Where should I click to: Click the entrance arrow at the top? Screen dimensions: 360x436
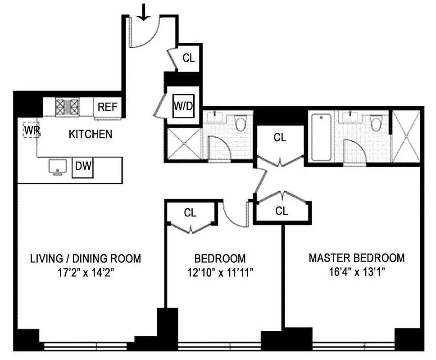tap(144, 12)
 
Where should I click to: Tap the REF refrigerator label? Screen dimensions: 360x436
tap(108, 107)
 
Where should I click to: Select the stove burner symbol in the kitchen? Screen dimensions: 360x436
tap(67, 107)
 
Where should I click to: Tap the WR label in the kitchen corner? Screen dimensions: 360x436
tap(31, 130)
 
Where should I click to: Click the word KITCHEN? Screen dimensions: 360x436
tap(90, 134)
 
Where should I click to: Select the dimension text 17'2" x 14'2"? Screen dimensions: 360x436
tap(85, 273)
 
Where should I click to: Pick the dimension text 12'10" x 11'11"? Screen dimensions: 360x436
tap(220, 273)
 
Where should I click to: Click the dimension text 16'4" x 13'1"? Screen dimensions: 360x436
tap(356, 273)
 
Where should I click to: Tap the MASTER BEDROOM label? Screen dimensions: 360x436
tap(356, 258)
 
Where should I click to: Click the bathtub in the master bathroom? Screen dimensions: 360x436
tap(321, 137)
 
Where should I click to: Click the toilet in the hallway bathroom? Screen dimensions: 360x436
tap(240, 123)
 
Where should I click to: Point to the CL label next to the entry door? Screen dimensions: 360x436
tap(189, 58)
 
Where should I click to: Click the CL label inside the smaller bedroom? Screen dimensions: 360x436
tap(190, 213)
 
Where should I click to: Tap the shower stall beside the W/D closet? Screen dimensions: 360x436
tap(184, 144)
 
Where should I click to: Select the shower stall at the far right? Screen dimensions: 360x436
tap(407, 136)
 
